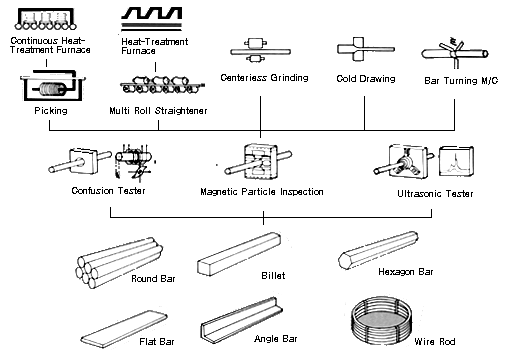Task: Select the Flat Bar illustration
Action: [x=124, y=329]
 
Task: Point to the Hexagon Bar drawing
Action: [x=378, y=250]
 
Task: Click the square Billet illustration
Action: [x=239, y=254]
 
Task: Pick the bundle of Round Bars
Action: [x=119, y=262]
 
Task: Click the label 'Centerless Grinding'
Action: [x=264, y=78]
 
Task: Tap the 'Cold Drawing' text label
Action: [x=366, y=79]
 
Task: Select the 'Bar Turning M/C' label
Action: [x=461, y=81]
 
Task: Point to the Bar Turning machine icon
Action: [x=455, y=52]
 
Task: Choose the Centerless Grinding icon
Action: [x=260, y=51]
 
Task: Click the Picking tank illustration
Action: [x=52, y=86]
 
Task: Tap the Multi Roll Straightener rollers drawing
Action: [x=162, y=85]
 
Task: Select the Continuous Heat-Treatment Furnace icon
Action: [x=45, y=19]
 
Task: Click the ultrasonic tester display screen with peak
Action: [x=456, y=161]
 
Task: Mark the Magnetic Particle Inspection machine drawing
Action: [x=258, y=161]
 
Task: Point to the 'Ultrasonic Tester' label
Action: [x=435, y=194]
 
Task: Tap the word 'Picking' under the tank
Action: [x=51, y=110]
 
